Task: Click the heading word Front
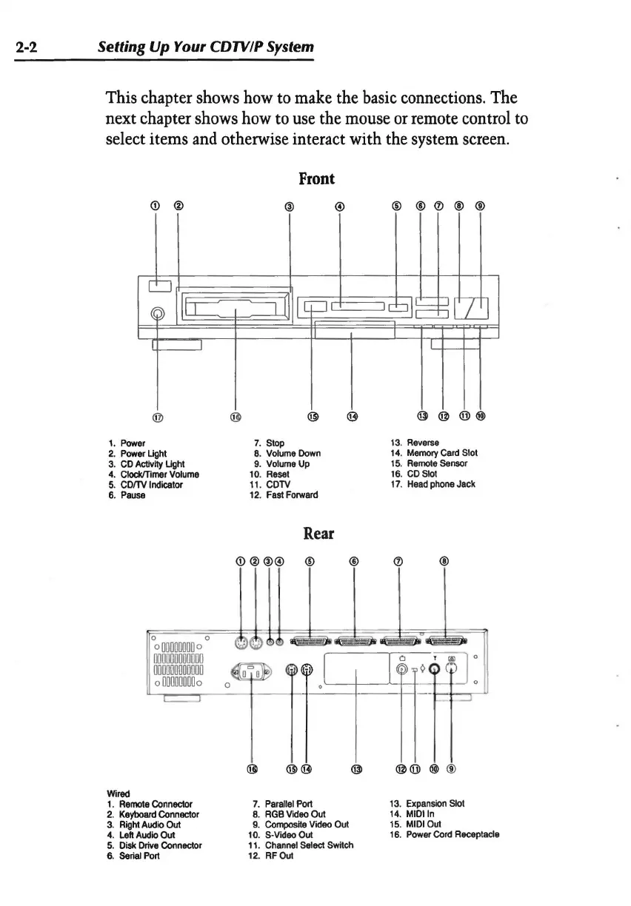(316, 178)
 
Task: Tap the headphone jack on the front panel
(157, 314)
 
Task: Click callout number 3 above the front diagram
(290, 206)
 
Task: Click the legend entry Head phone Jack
(441, 484)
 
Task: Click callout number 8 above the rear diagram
(444, 560)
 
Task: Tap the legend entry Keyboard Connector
(153, 813)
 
